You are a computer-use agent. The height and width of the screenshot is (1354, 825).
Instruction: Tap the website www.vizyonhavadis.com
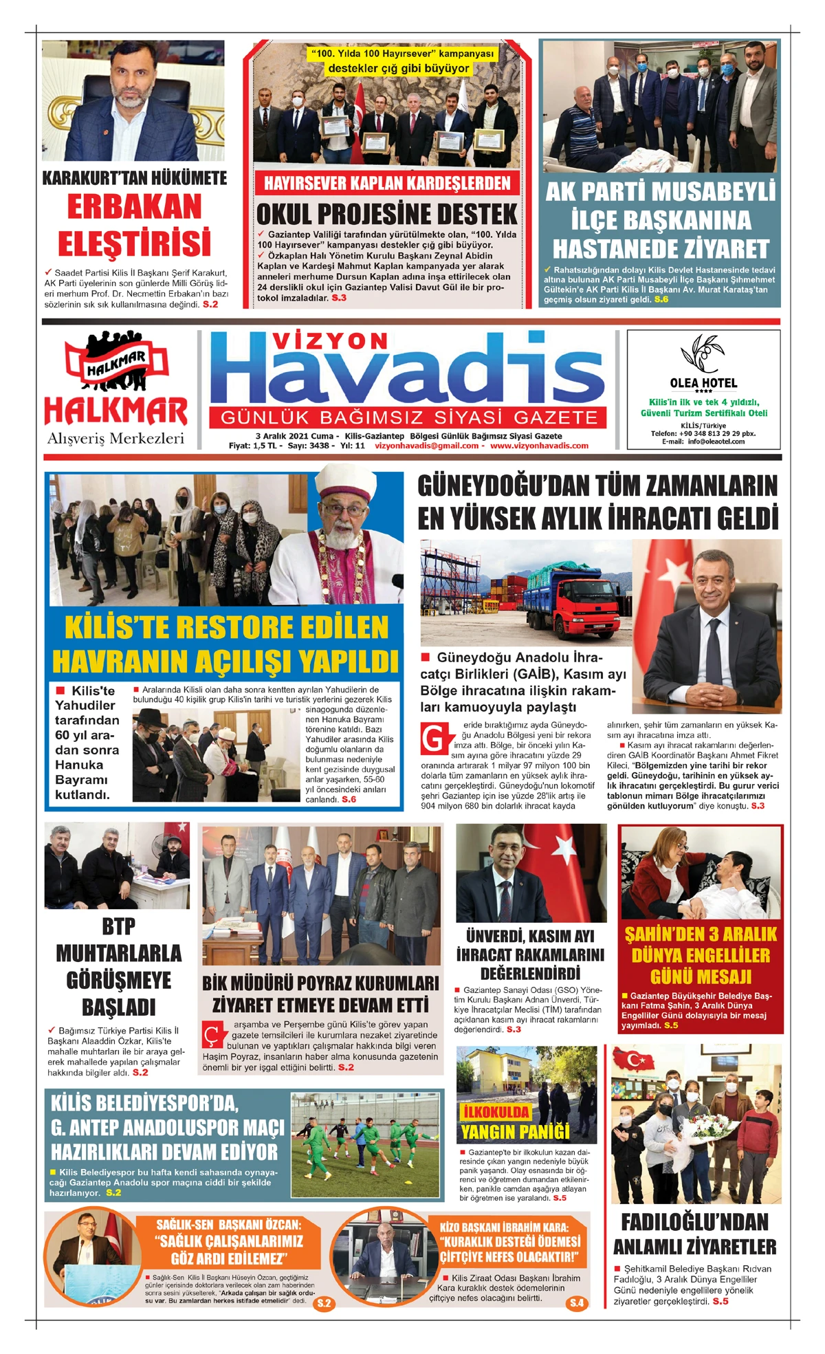(x=539, y=446)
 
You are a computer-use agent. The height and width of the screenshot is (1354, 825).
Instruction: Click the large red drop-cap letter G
(x=434, y=739)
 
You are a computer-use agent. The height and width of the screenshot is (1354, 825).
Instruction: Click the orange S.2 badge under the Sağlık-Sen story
(x=324, y=1302)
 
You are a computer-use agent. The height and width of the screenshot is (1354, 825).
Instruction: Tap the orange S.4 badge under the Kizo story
(x=576, y=1302)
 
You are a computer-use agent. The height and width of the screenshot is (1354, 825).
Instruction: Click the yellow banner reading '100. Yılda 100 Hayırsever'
(x=401, y=61)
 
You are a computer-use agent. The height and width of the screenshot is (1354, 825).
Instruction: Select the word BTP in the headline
(x=118, y=926)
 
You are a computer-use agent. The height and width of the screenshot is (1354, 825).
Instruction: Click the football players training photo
(x=365, y=1145)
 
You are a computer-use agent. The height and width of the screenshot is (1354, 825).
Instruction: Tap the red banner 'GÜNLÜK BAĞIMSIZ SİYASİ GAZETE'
(x=408, y=417)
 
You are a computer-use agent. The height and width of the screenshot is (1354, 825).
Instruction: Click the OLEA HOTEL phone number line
(x=703, y=434)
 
